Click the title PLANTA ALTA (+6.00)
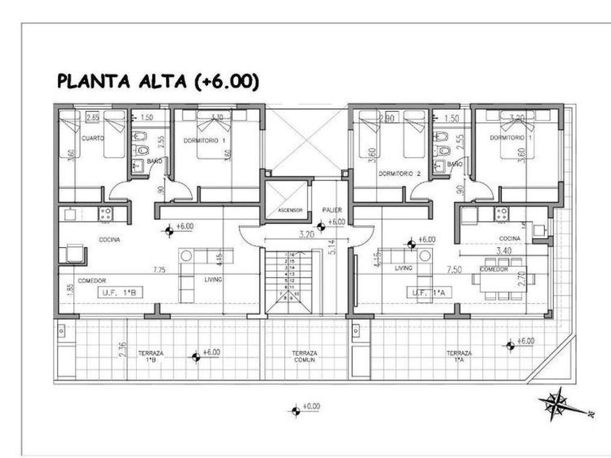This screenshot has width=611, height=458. (x=157, y=81)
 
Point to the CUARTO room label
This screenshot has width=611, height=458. (x=92, y=138)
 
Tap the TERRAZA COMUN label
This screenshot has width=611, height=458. (x=305, y=357)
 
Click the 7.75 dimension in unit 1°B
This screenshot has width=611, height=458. (x=159, y=270)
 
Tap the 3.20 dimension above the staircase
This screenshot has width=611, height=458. (x=305, y=236)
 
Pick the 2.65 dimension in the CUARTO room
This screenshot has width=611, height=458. (x=92, y=117)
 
